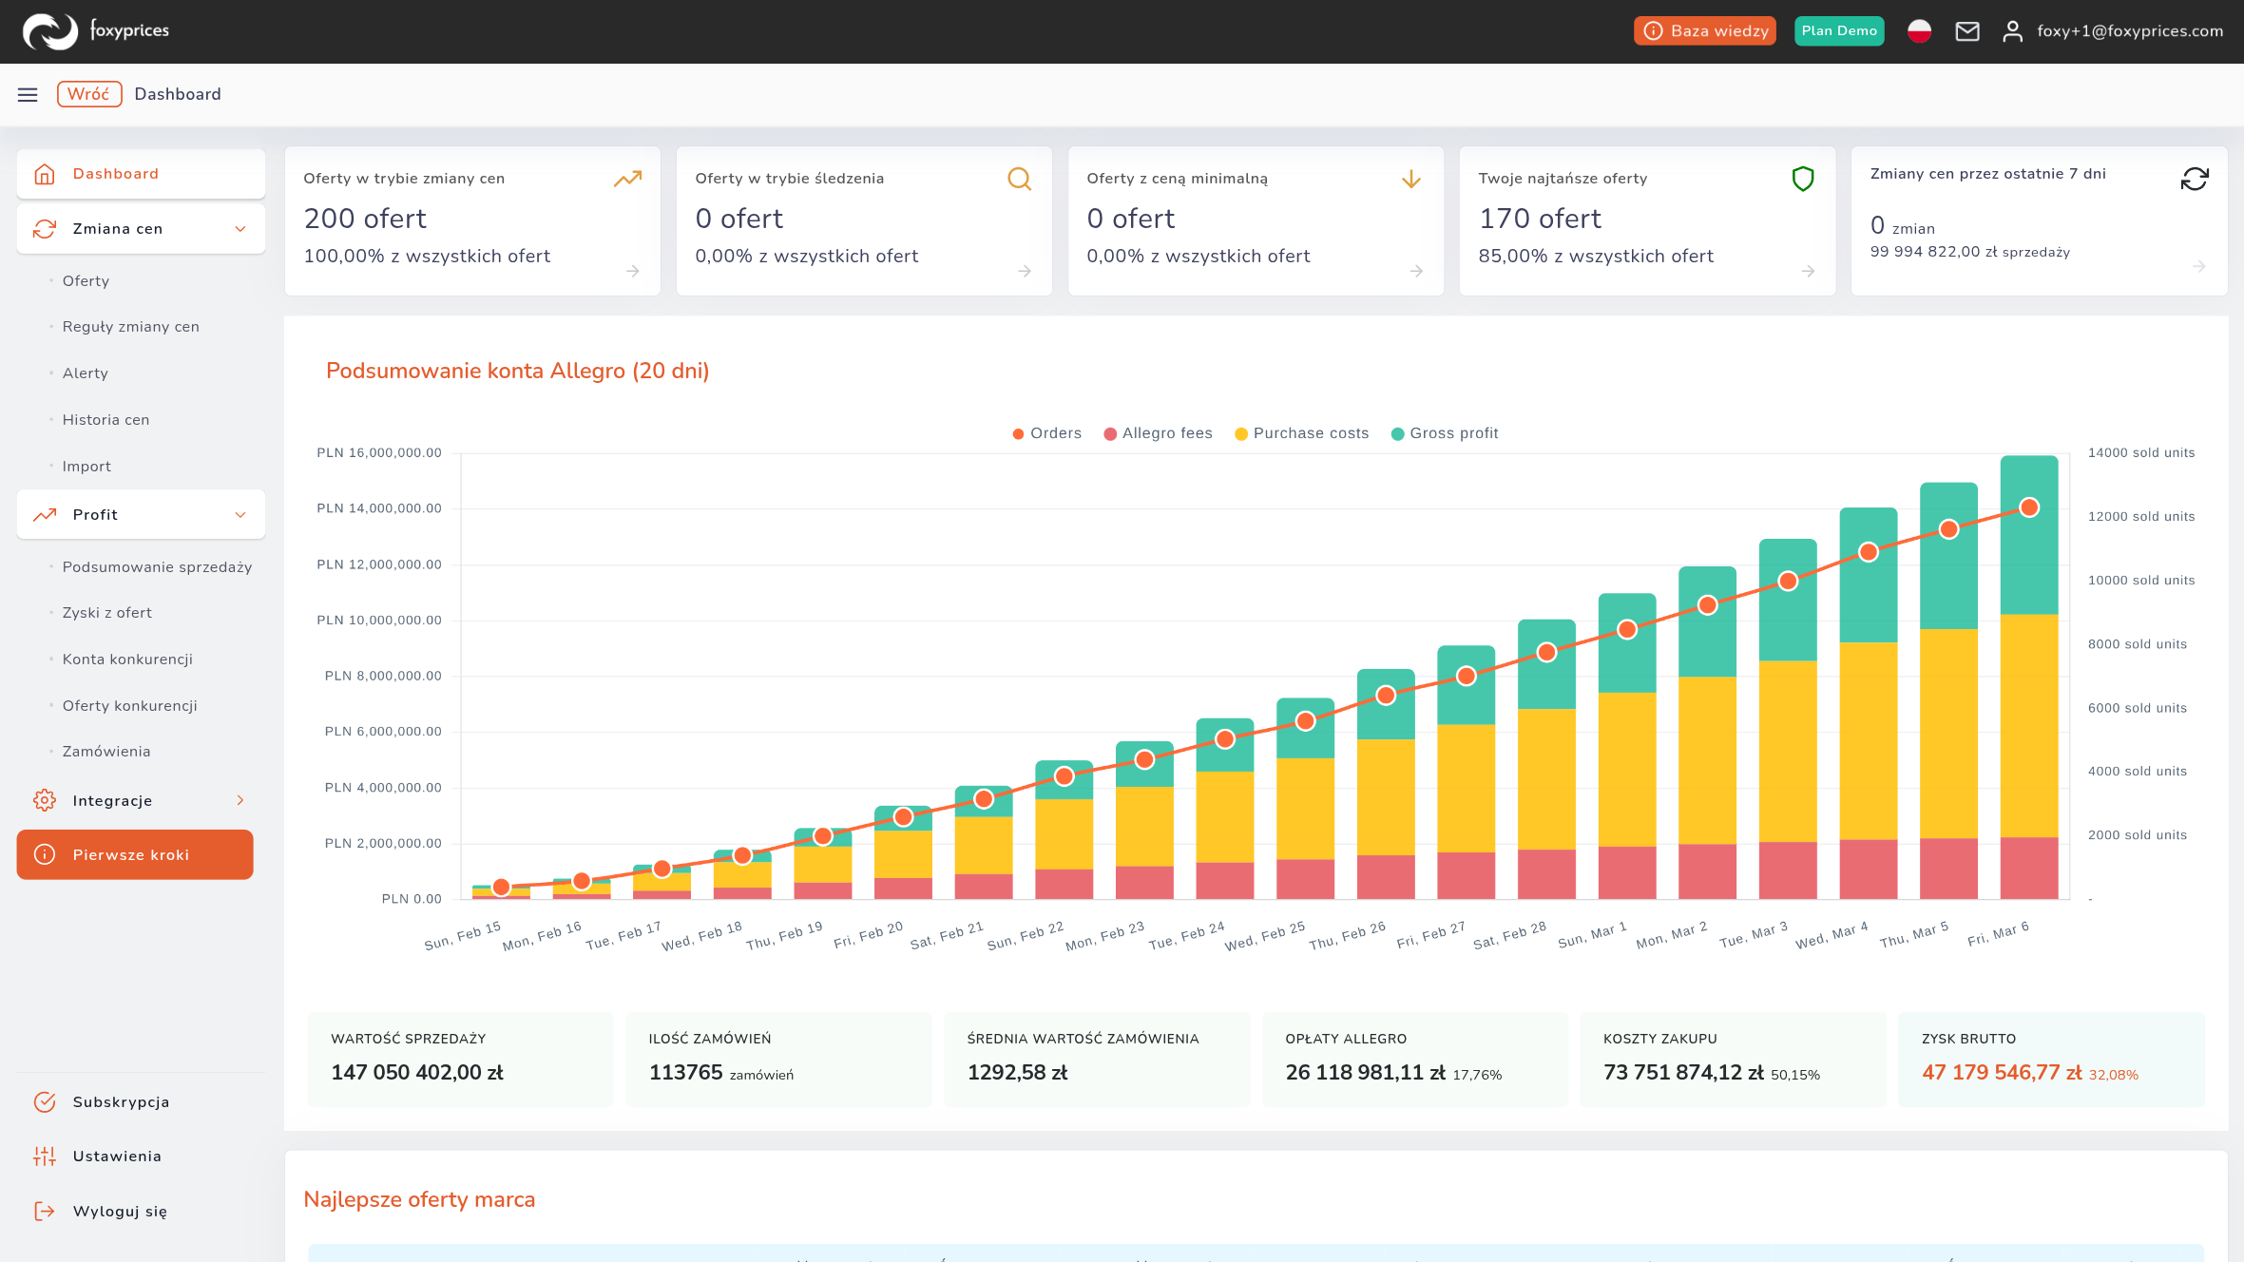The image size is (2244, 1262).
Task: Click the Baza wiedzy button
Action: [1705, 31]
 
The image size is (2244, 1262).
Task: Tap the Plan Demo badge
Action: [1839, 31]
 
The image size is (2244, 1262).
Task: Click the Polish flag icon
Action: [1919, 31]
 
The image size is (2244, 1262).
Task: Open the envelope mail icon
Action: [1967, 31]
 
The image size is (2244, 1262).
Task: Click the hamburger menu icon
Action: [28, 94]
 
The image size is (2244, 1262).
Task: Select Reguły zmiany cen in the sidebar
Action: [131, 327]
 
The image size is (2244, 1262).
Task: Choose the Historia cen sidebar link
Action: [106, 420]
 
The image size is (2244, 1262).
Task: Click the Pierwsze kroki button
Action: [135, 854]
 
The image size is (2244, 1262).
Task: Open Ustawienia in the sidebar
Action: [117, 1157]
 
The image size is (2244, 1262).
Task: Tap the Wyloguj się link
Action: [120, 1212]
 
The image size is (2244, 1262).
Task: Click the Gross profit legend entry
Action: [1445, 433]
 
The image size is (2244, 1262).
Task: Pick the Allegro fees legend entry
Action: [1158, 433]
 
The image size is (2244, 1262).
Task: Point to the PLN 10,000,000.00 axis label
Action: [379, 621]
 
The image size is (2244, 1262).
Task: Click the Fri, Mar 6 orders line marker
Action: [2029, 507]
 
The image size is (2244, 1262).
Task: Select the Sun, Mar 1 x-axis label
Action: [1593, 935]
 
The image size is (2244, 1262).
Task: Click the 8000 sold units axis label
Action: [2138, 644]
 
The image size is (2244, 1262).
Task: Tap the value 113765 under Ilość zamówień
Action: [686, 1073]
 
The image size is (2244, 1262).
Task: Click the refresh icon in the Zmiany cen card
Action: [2195, 179]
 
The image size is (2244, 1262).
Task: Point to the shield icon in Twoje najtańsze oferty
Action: [1803, 179]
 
